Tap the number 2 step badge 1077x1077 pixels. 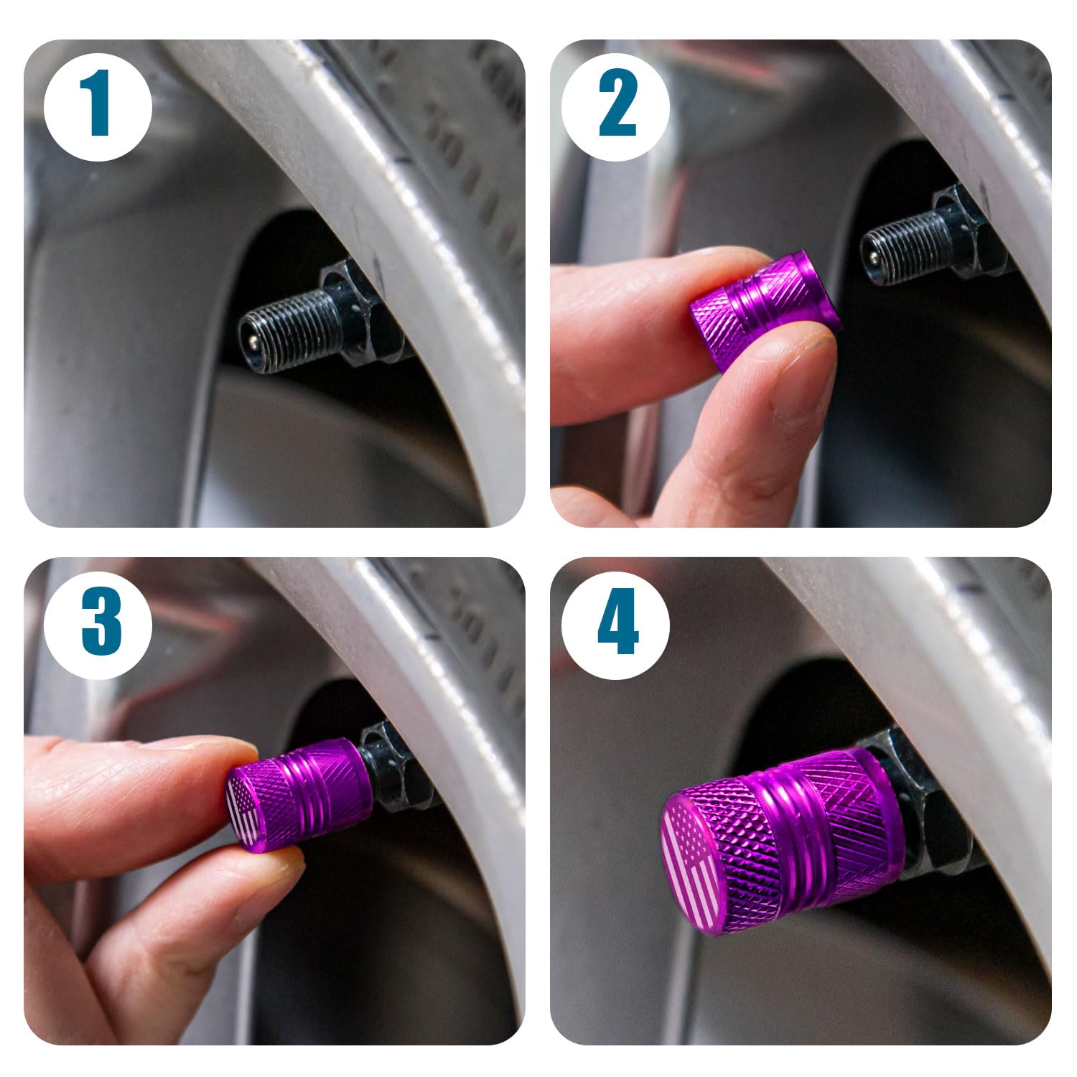pyautogui.click(x=616, y=106)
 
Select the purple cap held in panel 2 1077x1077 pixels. pyautogui.click(x=765, y=309)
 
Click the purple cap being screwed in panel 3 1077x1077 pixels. pyautogui.click(x=302, y=793)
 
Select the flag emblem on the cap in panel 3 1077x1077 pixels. pyautogui.click(x=243, y=811)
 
